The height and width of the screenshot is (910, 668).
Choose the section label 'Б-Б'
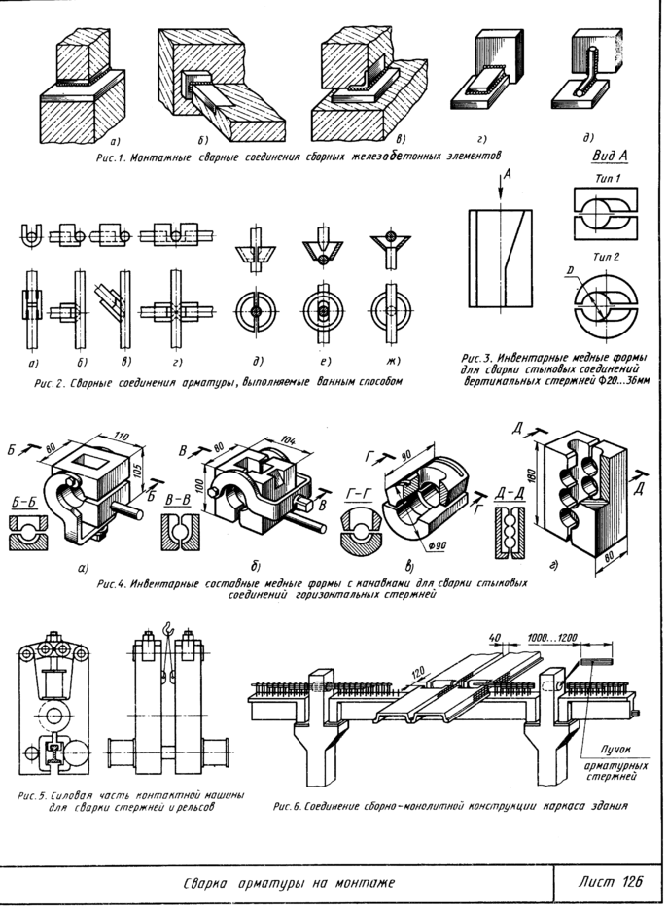click(26, 503)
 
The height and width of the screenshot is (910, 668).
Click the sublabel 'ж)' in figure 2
click(389, 365)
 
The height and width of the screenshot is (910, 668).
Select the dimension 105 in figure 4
click(146, 470)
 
